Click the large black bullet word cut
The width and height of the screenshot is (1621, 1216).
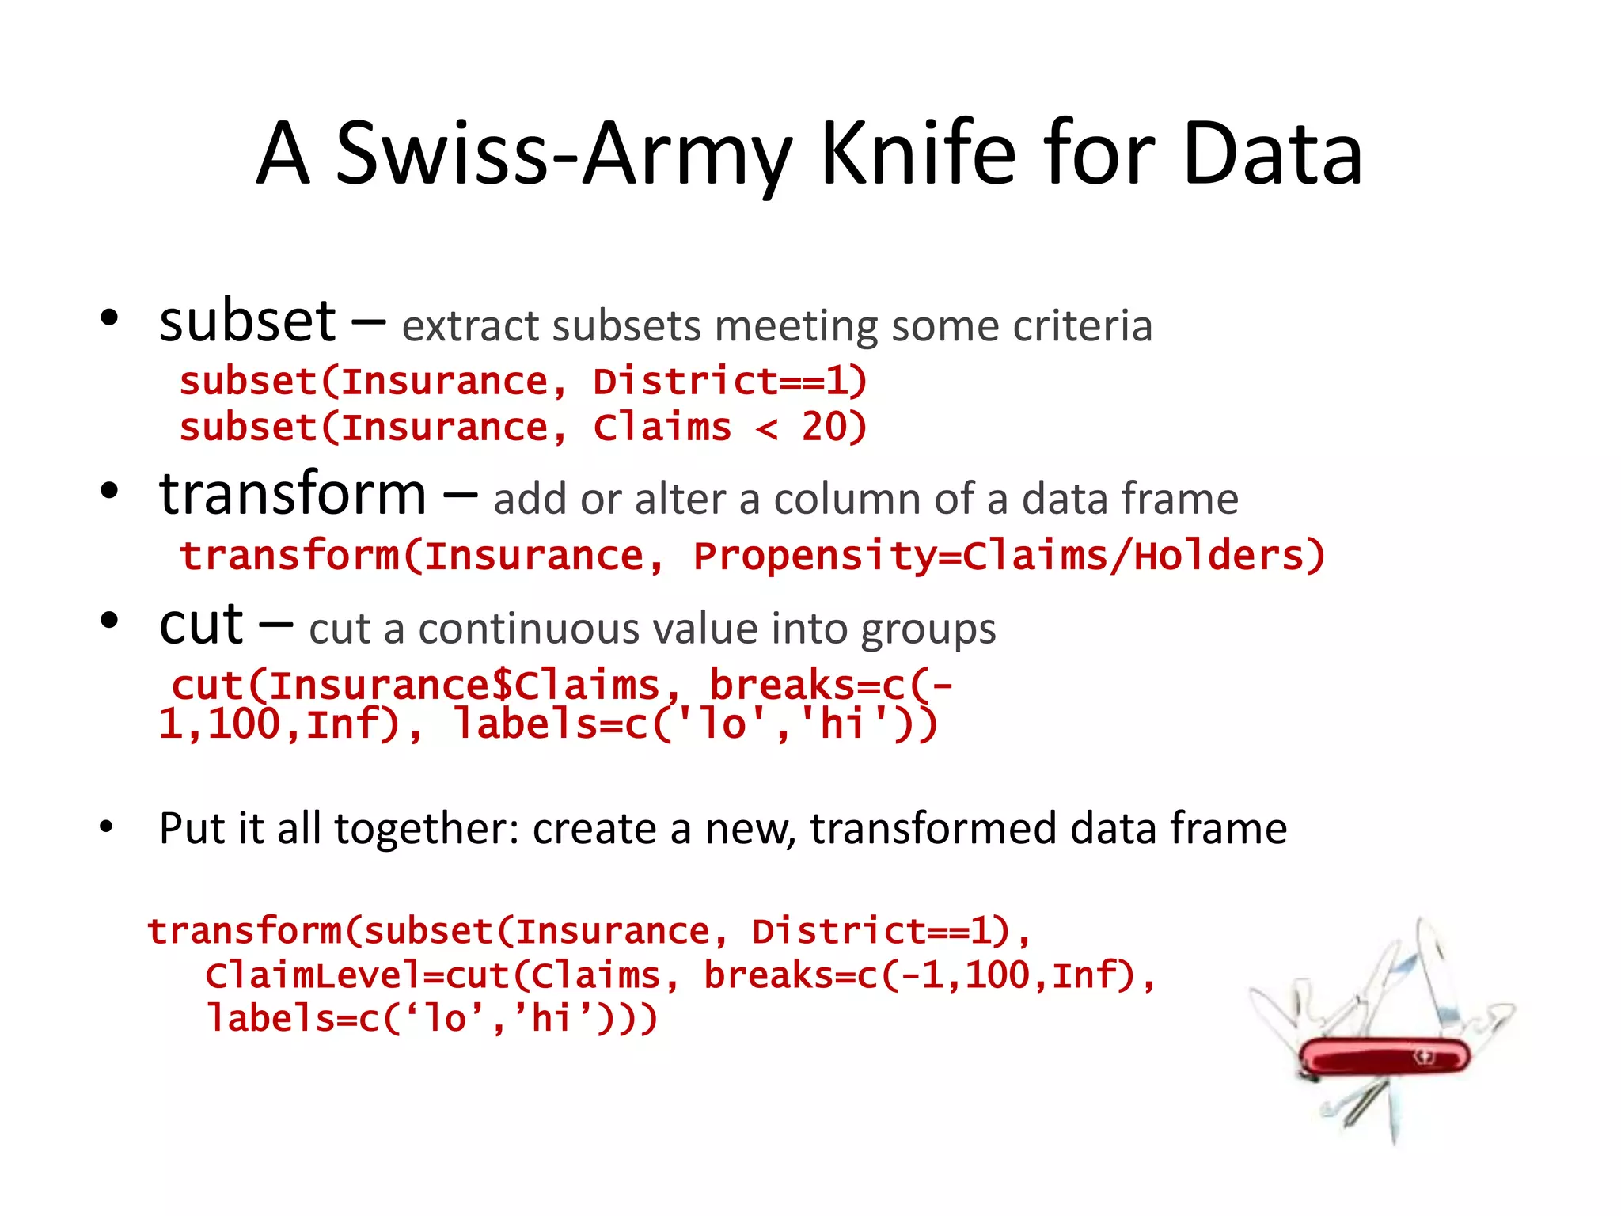[201, 625]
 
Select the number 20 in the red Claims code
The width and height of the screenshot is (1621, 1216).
[824, 427]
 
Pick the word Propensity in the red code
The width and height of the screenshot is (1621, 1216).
[815, 557]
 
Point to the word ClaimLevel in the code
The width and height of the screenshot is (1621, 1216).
[313, 975]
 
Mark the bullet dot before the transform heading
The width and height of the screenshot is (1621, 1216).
[109, 492]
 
